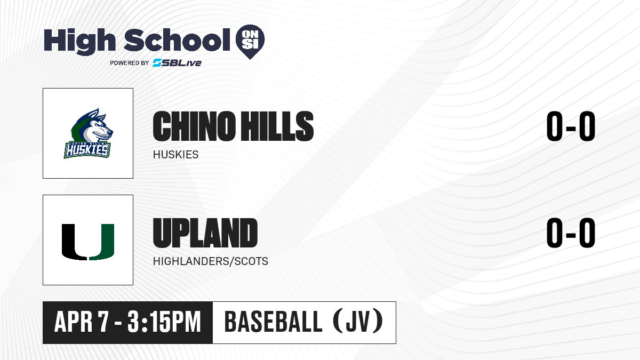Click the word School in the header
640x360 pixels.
[177, 39]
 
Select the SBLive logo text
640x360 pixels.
[177, 63]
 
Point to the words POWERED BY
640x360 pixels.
[130, 63]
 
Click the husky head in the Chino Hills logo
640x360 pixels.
[92, 126]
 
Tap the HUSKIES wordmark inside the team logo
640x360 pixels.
[87, 150]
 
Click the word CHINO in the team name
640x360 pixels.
[194, 126]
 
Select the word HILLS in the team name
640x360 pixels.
[277, 126]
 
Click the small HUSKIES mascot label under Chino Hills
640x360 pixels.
[175, 155]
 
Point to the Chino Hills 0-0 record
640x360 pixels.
[571, 126]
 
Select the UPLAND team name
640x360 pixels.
[205, 233]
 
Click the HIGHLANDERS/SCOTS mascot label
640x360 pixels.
[211, 261]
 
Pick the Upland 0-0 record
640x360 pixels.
[571, 233]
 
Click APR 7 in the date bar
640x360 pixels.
[82, 322]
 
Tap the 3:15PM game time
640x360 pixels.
[164, 322]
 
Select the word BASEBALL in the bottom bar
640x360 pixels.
[274, 322]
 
